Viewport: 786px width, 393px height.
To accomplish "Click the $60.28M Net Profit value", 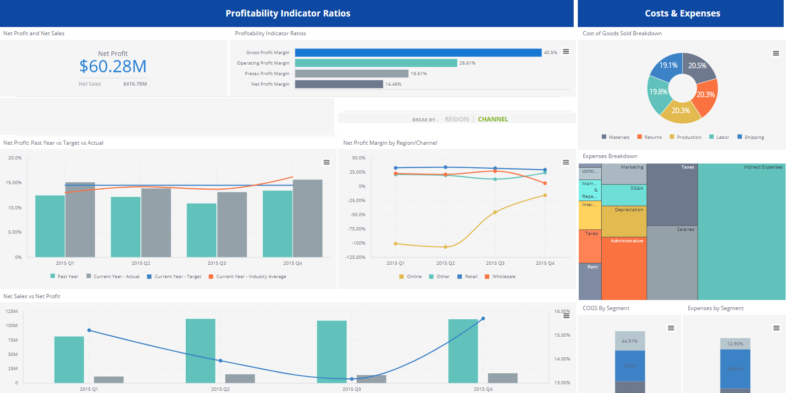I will click(113, 66).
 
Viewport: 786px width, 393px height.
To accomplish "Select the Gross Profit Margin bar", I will click(418, 53).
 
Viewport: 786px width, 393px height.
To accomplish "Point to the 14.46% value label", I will click(393, 84).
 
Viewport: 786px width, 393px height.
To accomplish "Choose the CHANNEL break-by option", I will click(493, 119).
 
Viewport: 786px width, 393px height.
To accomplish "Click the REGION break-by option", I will click(456, 119).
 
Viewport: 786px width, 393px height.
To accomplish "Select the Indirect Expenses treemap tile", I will click(742, 231).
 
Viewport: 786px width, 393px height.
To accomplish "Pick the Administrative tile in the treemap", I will click(624, 268).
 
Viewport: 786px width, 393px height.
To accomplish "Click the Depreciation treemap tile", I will click(624, 221).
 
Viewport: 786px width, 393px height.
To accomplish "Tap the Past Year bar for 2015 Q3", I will click(201, 230).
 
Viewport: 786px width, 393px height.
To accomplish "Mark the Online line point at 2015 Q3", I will click(495, 212).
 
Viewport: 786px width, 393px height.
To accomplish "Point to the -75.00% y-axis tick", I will click(358, 229).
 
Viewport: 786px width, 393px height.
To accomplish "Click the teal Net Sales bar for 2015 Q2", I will click(200, 350).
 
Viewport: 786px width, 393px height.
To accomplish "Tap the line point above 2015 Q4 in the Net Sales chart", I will click(483, 319).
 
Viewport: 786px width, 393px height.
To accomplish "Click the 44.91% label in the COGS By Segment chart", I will click(629, 341).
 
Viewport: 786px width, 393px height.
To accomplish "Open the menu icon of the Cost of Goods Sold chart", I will click(775, 53).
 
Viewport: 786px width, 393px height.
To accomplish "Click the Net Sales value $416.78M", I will click(135, 84).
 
